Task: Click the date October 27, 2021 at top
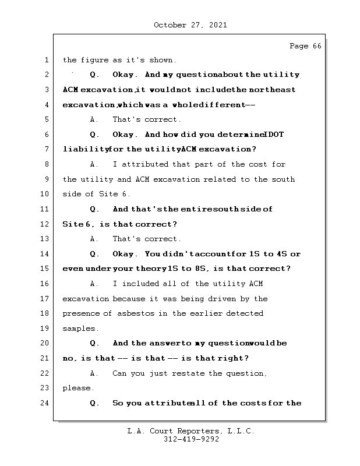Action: click(190, 25)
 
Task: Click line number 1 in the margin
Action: click(47, 60)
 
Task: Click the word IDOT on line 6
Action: click(274, 135)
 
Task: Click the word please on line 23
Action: click(77, 388)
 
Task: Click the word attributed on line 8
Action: click(147, 164)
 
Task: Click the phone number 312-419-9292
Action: click(191, 440)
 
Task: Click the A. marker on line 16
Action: click(93, 284)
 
